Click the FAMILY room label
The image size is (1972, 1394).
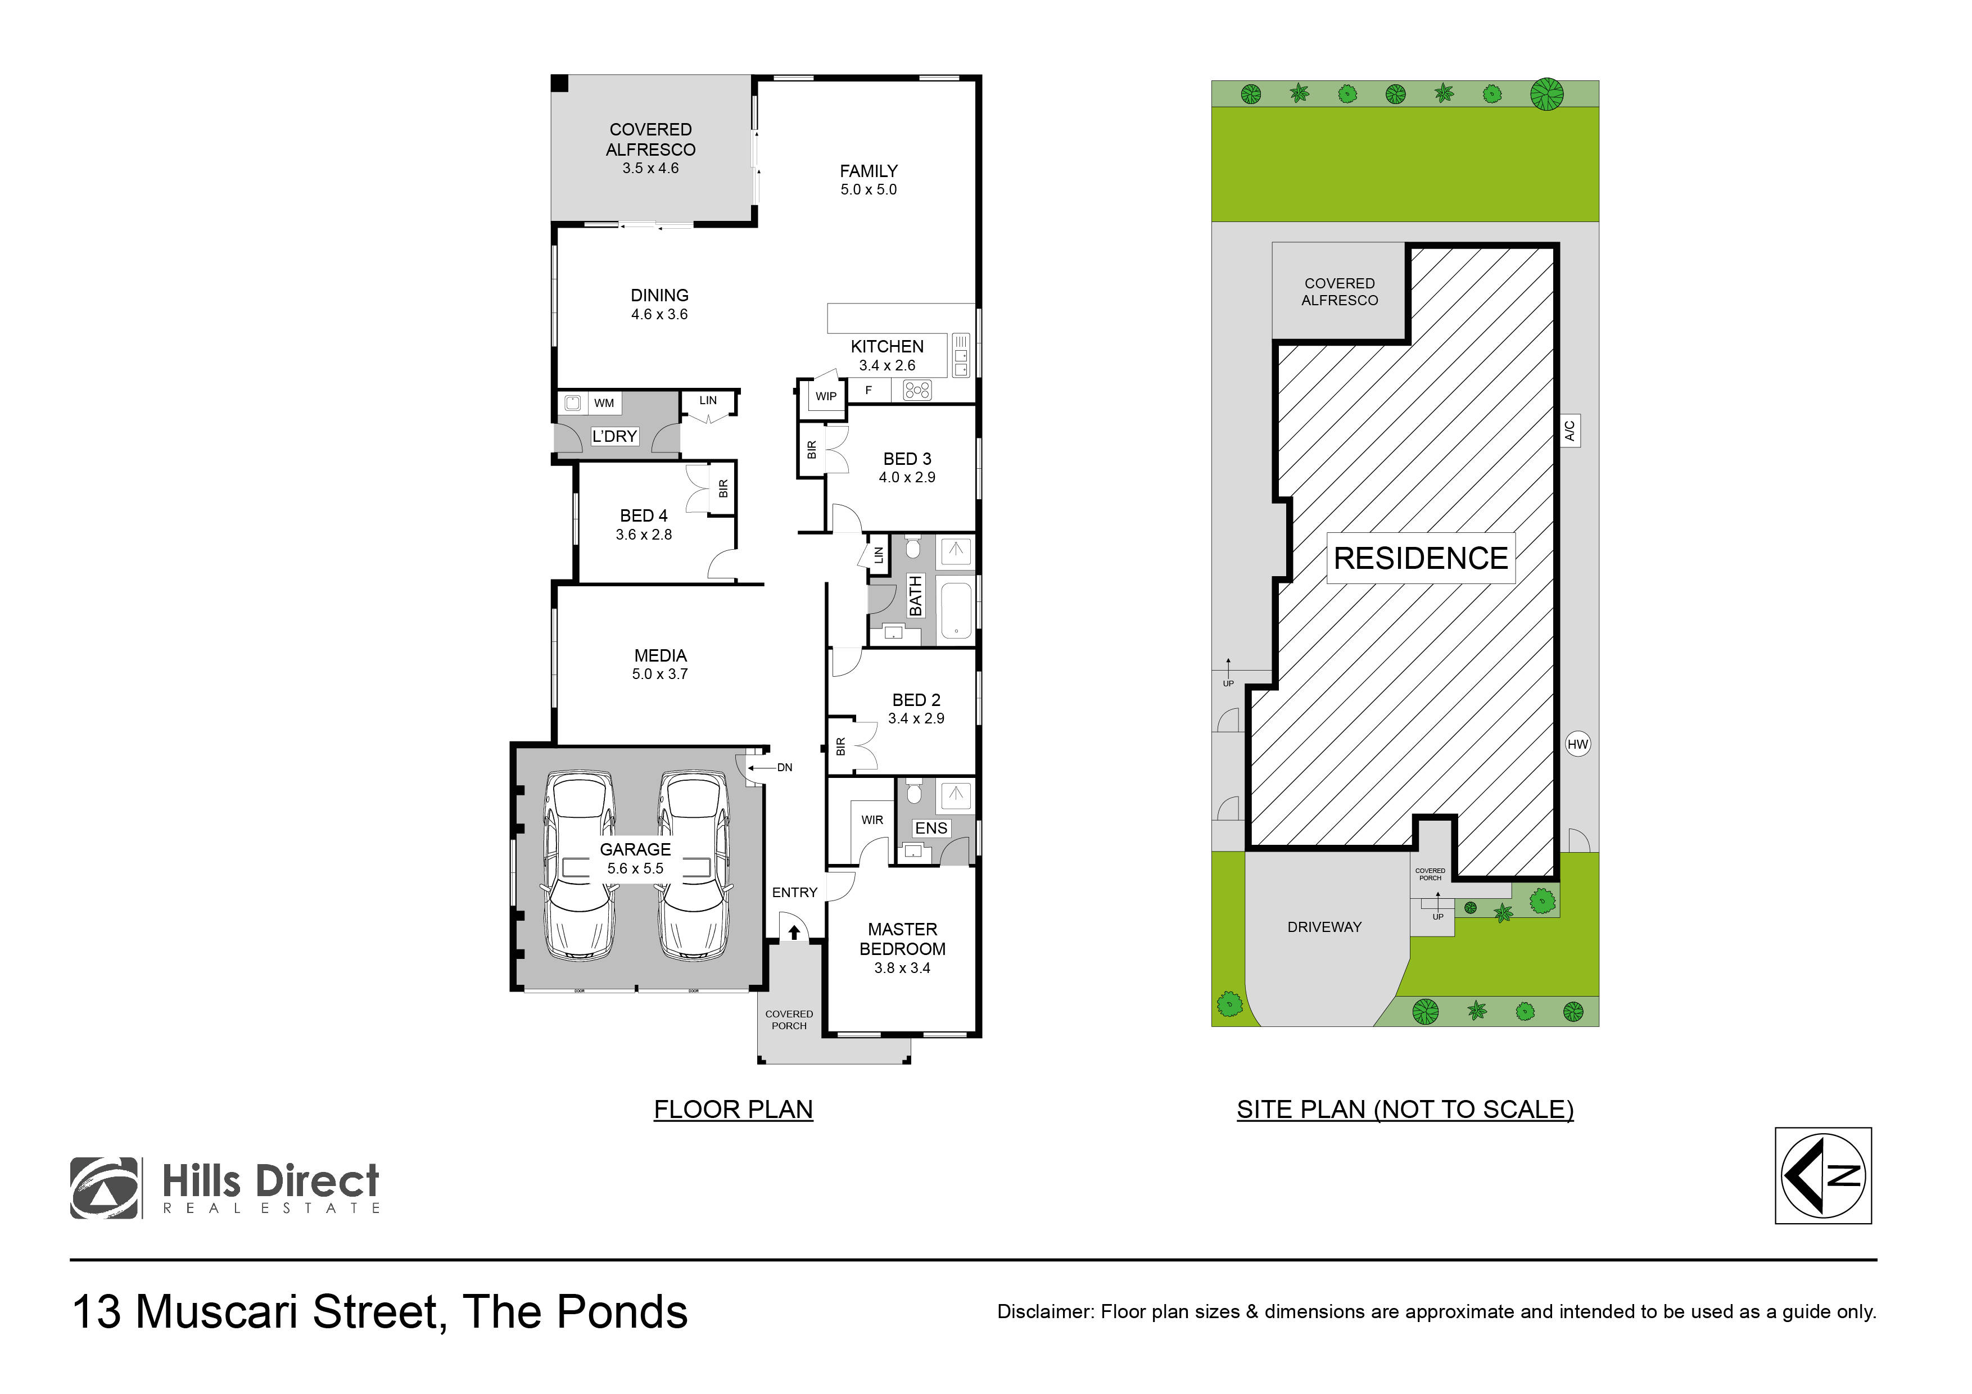click(x=869, y=171)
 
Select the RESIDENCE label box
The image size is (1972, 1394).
click(x=1420, y=558)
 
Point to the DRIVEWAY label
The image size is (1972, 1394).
click(x=1323, y=927)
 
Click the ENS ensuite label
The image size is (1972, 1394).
click(x=931, y=828)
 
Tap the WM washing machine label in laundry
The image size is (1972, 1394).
click(x=604, y=403)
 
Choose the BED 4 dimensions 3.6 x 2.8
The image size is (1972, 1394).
click(x=643, y=534)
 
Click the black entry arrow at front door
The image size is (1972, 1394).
click(x=794, y=932)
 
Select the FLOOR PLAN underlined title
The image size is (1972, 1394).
click(x=732, y=1110)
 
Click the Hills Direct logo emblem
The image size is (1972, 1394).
click(x=104, y=1188)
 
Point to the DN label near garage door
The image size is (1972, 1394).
click(x=784, y=768)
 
